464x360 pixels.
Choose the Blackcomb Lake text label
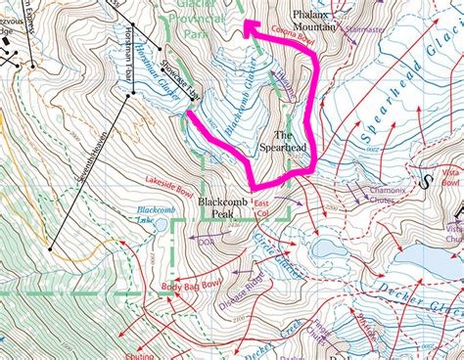pos(155,212)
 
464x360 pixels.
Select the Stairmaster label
pos(364,30)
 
